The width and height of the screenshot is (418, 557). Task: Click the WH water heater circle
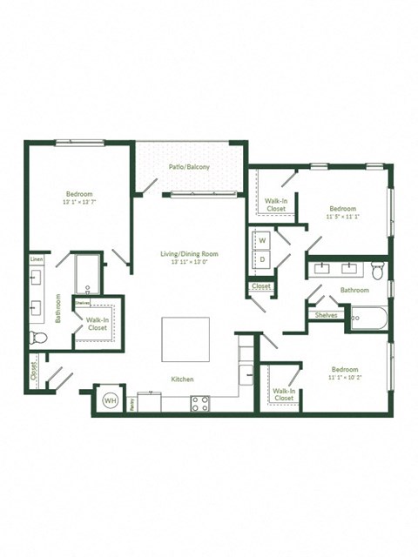111,400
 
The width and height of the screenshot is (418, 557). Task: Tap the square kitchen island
185,340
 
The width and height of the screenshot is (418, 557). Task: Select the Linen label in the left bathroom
37,259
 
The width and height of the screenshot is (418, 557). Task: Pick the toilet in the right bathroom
378,268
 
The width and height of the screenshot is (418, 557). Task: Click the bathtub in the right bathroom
368,319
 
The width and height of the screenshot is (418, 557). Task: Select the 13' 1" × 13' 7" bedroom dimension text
79,202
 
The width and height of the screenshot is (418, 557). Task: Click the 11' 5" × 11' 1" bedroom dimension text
342,218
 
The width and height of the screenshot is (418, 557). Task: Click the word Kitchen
182,379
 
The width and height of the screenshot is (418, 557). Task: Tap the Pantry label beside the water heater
131,403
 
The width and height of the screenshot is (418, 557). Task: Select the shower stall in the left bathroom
88,274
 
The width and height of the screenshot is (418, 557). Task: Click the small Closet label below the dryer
261,286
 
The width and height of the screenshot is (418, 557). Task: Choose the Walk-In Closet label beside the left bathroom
97,324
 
